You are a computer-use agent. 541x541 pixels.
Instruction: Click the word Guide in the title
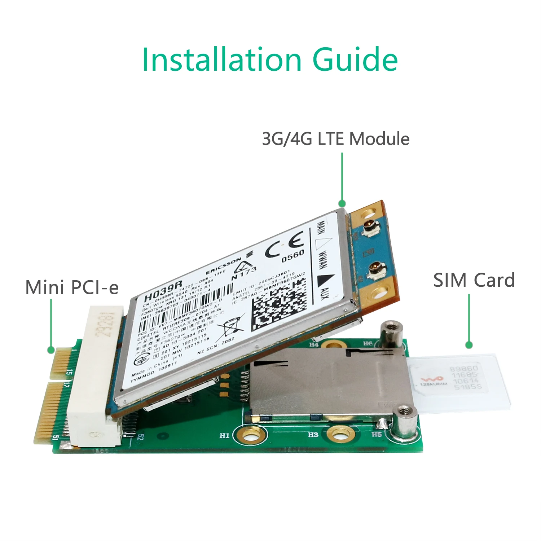click(x=355, y=60)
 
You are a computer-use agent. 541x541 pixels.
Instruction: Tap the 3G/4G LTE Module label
click(x=335, y=139)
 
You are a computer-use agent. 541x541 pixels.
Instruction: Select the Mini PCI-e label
click(x=72, y=287)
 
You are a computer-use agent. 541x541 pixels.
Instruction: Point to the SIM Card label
click(x=474, y=280)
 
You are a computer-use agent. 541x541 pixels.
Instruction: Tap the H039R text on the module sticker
click(x=163, y=291)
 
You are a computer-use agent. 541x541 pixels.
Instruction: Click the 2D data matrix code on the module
click(x=279, y=300)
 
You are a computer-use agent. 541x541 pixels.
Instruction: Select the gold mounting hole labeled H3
click(x=339, y=435)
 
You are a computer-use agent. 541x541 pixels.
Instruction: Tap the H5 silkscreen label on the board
click(x=377, y=434)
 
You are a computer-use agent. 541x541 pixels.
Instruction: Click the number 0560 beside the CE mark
click(x=293, y=256)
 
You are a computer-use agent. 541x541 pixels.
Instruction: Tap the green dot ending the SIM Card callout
click(x=469, y=345)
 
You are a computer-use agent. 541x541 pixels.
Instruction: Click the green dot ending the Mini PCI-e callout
click(x=51, y=349)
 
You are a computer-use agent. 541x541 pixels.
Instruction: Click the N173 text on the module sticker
click(x=244, y=273)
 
